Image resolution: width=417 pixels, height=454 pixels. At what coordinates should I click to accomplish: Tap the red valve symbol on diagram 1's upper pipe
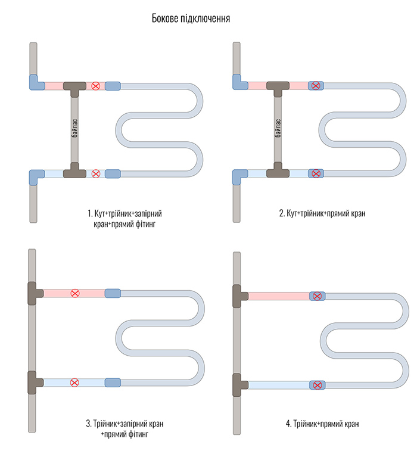click(x=96, y=86)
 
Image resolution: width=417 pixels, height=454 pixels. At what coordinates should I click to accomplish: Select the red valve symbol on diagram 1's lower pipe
click(x=96, y=173)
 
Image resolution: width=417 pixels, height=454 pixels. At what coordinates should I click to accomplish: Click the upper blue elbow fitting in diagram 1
click(x=35, y=84)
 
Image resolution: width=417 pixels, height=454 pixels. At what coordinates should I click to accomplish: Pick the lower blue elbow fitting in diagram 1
click(x=35, y=175)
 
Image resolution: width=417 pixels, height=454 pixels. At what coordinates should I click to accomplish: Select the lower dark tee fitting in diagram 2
click(x=278, y=172)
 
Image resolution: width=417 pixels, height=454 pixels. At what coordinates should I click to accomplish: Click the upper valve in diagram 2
click(x=316, y=86)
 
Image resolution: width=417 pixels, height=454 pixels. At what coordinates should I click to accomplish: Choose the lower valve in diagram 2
click(x=316, y=173)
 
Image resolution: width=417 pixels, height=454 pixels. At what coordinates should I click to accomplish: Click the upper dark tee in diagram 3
click(x=35, y=293)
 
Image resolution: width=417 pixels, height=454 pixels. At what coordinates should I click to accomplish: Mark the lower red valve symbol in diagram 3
click(x=74, y=382)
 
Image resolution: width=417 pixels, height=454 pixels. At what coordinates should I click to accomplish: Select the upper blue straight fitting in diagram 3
click(x=113, y=293)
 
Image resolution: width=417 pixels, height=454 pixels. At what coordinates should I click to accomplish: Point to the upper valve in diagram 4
click(x=316, y=296)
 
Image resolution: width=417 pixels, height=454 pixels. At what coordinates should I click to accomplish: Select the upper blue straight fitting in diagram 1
click(x=113, y=86)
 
